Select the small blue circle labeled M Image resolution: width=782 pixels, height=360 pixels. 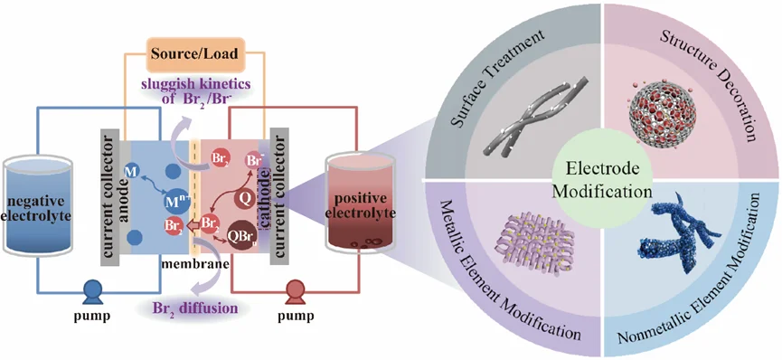pos(132,172)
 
